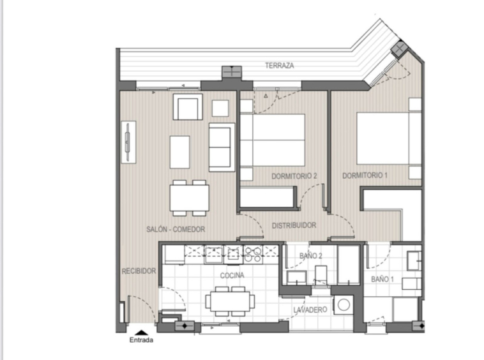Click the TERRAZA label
point(279,65)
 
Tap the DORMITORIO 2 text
point(294,176)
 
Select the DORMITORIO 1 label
point(365,176)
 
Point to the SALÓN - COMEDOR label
point(176,229)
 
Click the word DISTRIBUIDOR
point(294,225)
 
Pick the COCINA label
point(232,275)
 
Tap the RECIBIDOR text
point(139,271)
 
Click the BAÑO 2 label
point(311,256)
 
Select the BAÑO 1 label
point(382,280)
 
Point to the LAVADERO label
point(310,310)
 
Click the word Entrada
point(141,340)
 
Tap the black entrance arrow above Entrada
point(141,333)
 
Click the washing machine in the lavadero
point(344,304)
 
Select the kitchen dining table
point(231,301)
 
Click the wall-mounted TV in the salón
point(128,142)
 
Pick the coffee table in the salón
point(179,152)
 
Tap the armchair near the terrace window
point(188,107)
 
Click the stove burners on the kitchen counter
point(253,255)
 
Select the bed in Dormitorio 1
point(389,139)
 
